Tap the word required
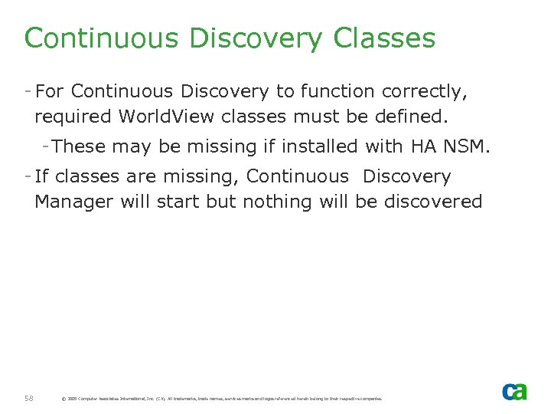(x=73, y=117)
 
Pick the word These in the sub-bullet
(x=80, y=146)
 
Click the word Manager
(x=71, y=202)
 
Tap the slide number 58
(x=28, y=398)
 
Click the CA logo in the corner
(x=514, y=391)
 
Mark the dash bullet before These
(x=47, y=145)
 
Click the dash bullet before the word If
(x=28, y=176)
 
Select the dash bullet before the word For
(x=28, y=91)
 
